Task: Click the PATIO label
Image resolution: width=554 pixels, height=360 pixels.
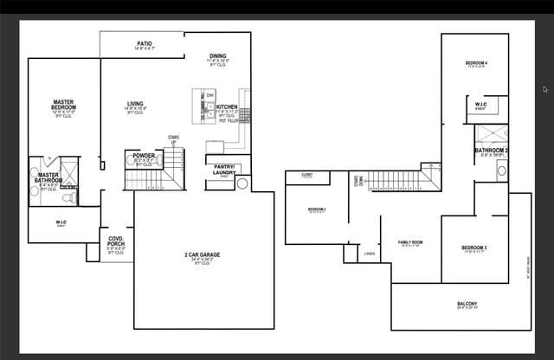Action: (x=145, y=43)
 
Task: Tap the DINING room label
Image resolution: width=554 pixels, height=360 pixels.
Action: (x=218, y=56)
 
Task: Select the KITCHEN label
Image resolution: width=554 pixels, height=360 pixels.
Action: (x=215, y=106)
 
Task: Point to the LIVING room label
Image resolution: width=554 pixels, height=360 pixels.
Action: (x=135, y=104)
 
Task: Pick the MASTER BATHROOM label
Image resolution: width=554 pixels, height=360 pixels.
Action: (x=48, y=178)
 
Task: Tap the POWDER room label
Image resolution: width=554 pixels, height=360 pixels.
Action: (x=144, y=156)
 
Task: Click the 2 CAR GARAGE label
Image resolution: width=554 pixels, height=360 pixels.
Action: (x=202, y=255)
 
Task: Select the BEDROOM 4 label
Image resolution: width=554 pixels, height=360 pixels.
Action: (x=476, y=63)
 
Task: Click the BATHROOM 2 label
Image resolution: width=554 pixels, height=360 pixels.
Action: (x=491, y=151)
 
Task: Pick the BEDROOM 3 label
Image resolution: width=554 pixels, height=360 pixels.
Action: (x=474, y=248)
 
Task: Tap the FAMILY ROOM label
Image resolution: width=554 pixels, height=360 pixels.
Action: (x=409, y=242)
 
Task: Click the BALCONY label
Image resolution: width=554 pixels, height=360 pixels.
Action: (x=467, y=304)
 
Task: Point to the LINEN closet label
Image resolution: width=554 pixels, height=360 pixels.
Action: (x=370, y=254)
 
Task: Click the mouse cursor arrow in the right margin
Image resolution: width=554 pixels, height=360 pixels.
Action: (x=544, y=88)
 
